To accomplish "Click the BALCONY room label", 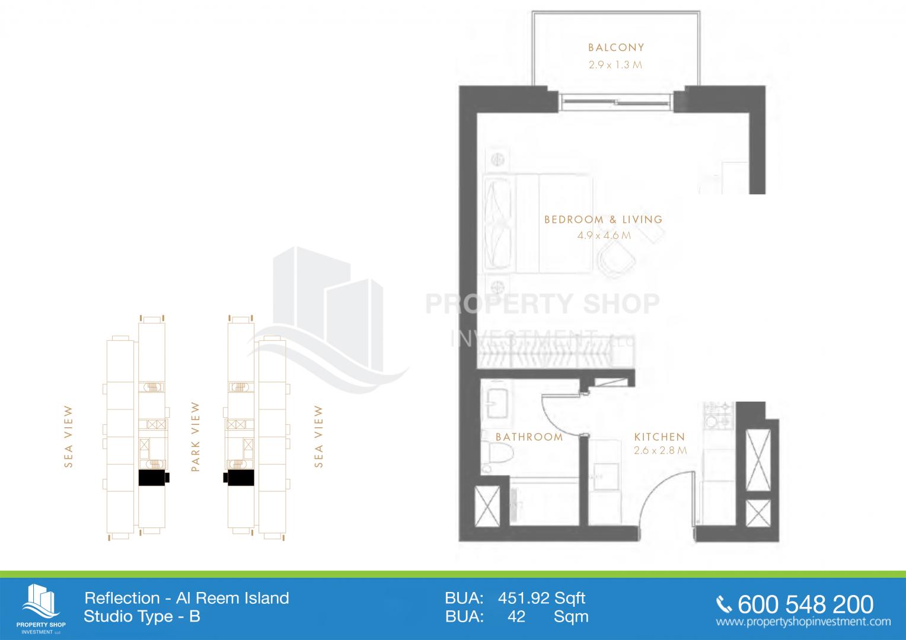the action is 616,48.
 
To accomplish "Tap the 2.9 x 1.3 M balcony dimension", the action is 615,65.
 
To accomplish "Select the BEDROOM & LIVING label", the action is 604,219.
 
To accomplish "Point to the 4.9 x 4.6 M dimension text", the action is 604,235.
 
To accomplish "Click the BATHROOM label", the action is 529,437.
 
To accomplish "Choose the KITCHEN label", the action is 659,437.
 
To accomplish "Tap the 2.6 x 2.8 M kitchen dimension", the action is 660,450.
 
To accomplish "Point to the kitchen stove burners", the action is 719,415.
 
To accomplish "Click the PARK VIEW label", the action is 195,437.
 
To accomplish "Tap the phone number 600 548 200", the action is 806,604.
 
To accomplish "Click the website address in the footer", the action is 803,622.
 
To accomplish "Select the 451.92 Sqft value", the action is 541,598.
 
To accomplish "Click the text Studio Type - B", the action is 142,616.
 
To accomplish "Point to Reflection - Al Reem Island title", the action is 187,598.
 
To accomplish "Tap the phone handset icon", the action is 724,605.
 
